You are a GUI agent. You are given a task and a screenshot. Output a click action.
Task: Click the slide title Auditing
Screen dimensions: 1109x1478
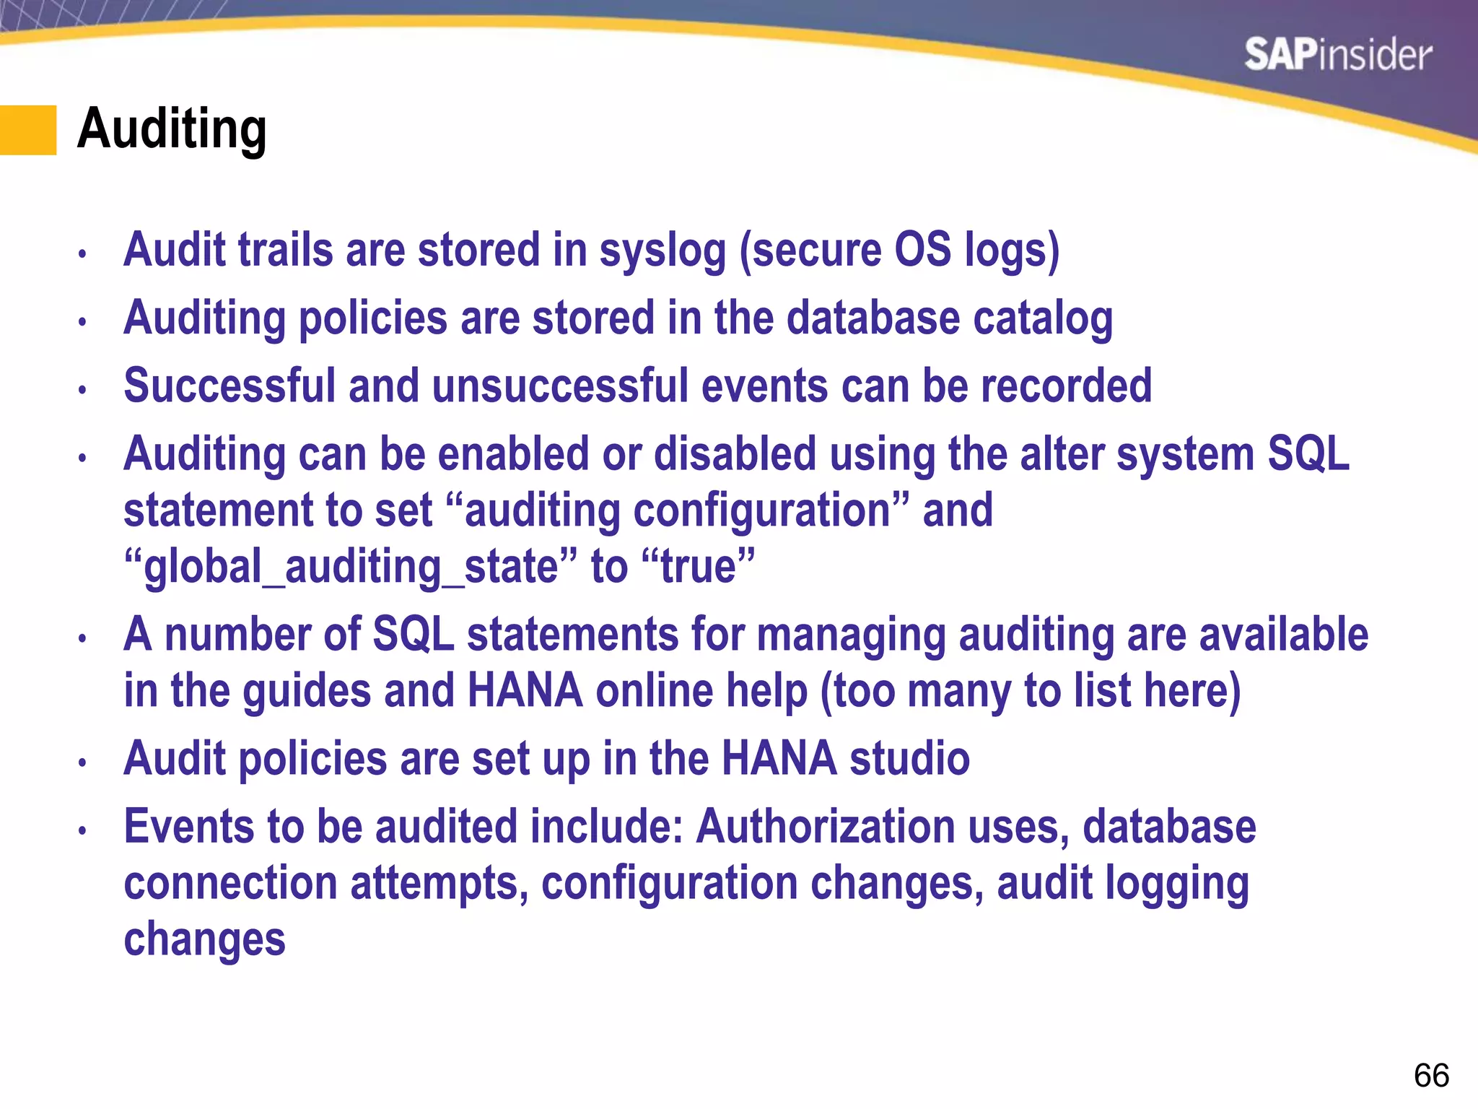click(x=172, y=129)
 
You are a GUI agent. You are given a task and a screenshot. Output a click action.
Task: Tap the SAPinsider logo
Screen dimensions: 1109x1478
click(x=1337, y=55)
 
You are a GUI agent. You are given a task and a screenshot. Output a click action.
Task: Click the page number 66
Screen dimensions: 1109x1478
click(x=1431, y=1076)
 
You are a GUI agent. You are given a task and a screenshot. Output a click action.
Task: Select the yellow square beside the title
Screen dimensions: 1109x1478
click(x=27, y=130)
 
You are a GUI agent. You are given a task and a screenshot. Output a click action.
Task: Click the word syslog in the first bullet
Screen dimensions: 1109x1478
click(x=663, y=251)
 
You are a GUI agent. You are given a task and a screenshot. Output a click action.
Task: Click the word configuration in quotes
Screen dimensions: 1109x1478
click(x=762, y=510)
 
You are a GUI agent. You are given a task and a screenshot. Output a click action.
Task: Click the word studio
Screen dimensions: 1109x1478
click(x=909, y=759)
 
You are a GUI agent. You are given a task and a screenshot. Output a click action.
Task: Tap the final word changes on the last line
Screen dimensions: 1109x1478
click(x=204, y=939)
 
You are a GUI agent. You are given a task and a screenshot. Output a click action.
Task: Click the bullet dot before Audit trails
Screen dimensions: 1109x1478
click(x=83, y=254)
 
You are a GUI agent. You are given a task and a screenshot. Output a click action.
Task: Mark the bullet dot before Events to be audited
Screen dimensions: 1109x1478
click(x=83, y=830)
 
